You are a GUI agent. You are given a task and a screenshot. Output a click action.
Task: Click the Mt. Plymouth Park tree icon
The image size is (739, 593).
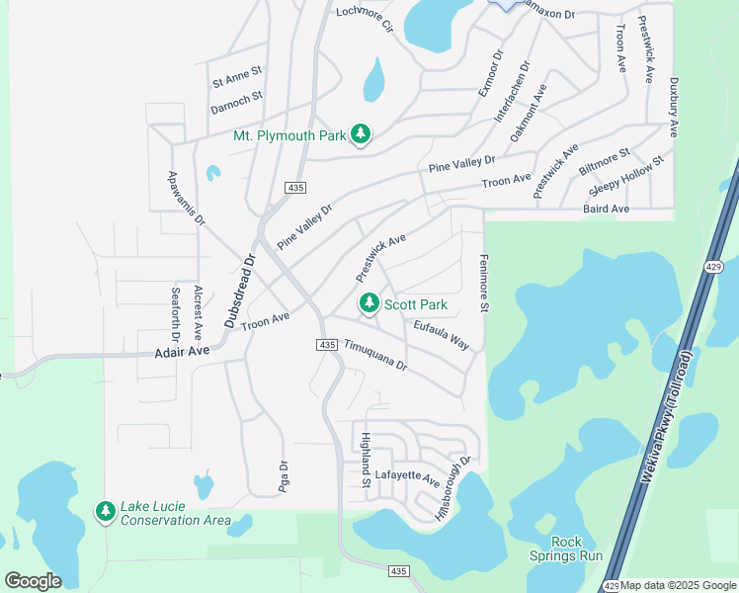coord(361,135)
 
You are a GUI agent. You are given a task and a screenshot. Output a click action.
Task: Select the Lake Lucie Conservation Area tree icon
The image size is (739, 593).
coord(105,511)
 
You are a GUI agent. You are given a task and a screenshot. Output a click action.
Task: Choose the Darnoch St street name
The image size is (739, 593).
coord(237,97)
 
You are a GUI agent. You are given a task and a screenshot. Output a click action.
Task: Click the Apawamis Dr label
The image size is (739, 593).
coord(185,198)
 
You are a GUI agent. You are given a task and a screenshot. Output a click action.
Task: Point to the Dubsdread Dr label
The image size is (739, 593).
coord(240,291)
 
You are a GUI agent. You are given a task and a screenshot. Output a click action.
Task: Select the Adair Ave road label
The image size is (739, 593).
coord(183,351)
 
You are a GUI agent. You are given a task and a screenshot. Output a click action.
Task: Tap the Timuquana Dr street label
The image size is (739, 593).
coord(375,355)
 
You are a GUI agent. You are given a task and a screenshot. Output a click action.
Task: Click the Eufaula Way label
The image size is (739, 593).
coord(442,335)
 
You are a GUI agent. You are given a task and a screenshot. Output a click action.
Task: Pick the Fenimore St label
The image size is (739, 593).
coord(485,283)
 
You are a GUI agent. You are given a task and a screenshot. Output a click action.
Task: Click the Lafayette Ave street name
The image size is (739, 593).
coord(407,477)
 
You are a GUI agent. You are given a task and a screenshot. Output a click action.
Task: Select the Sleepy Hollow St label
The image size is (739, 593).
coord(626,175)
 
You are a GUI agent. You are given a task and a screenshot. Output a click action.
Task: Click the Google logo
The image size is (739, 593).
coord(33,581)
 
